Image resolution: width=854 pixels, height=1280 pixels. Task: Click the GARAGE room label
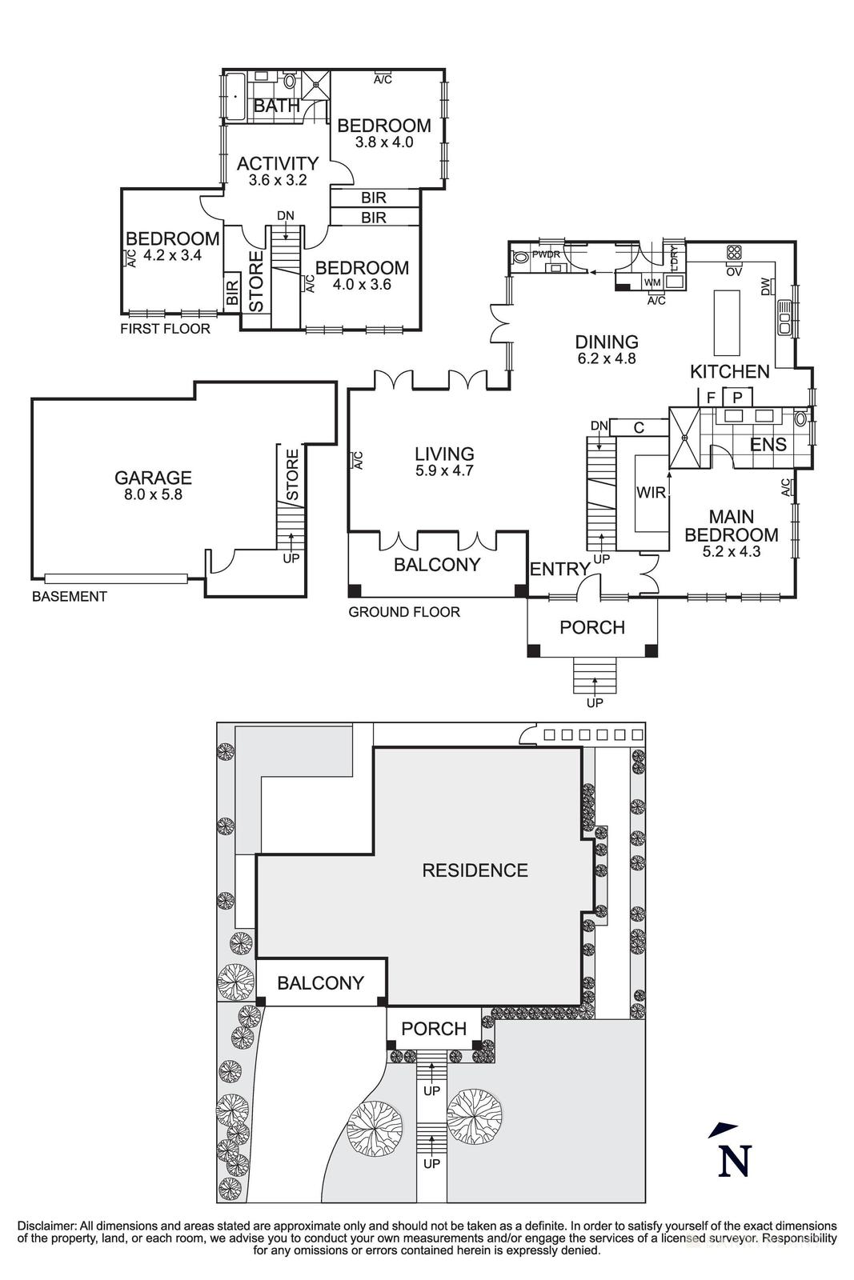pos(153,478)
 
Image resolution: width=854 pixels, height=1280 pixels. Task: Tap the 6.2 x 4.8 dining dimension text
pos(606,359)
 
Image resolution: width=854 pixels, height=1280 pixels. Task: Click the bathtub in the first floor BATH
pos(235,97)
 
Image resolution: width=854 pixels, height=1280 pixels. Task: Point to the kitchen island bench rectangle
pos(727,322)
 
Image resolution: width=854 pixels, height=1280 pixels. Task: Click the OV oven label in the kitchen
pos(734,272)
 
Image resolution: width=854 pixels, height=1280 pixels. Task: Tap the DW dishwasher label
pos(766,286)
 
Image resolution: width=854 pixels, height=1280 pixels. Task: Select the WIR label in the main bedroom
pos(651,493)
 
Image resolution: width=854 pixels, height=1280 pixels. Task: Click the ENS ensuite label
pos(768,445)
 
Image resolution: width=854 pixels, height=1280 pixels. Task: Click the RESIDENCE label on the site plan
pos(475,870)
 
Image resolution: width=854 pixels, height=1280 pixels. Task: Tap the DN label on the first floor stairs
pos(285,215)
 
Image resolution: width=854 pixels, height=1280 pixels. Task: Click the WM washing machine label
pos(652,282)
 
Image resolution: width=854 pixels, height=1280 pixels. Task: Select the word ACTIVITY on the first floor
pos(278,163)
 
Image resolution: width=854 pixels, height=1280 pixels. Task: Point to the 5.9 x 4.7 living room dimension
pos(444,471)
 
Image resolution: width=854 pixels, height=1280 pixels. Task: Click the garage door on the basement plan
pos(116,578)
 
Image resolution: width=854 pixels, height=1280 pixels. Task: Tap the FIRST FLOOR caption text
pos(165,329)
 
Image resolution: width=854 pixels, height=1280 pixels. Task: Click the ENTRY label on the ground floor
pos(559,569)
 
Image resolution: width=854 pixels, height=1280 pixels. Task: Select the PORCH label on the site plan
pos(433,1029)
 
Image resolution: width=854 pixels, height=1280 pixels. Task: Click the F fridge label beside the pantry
pos(710,397)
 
